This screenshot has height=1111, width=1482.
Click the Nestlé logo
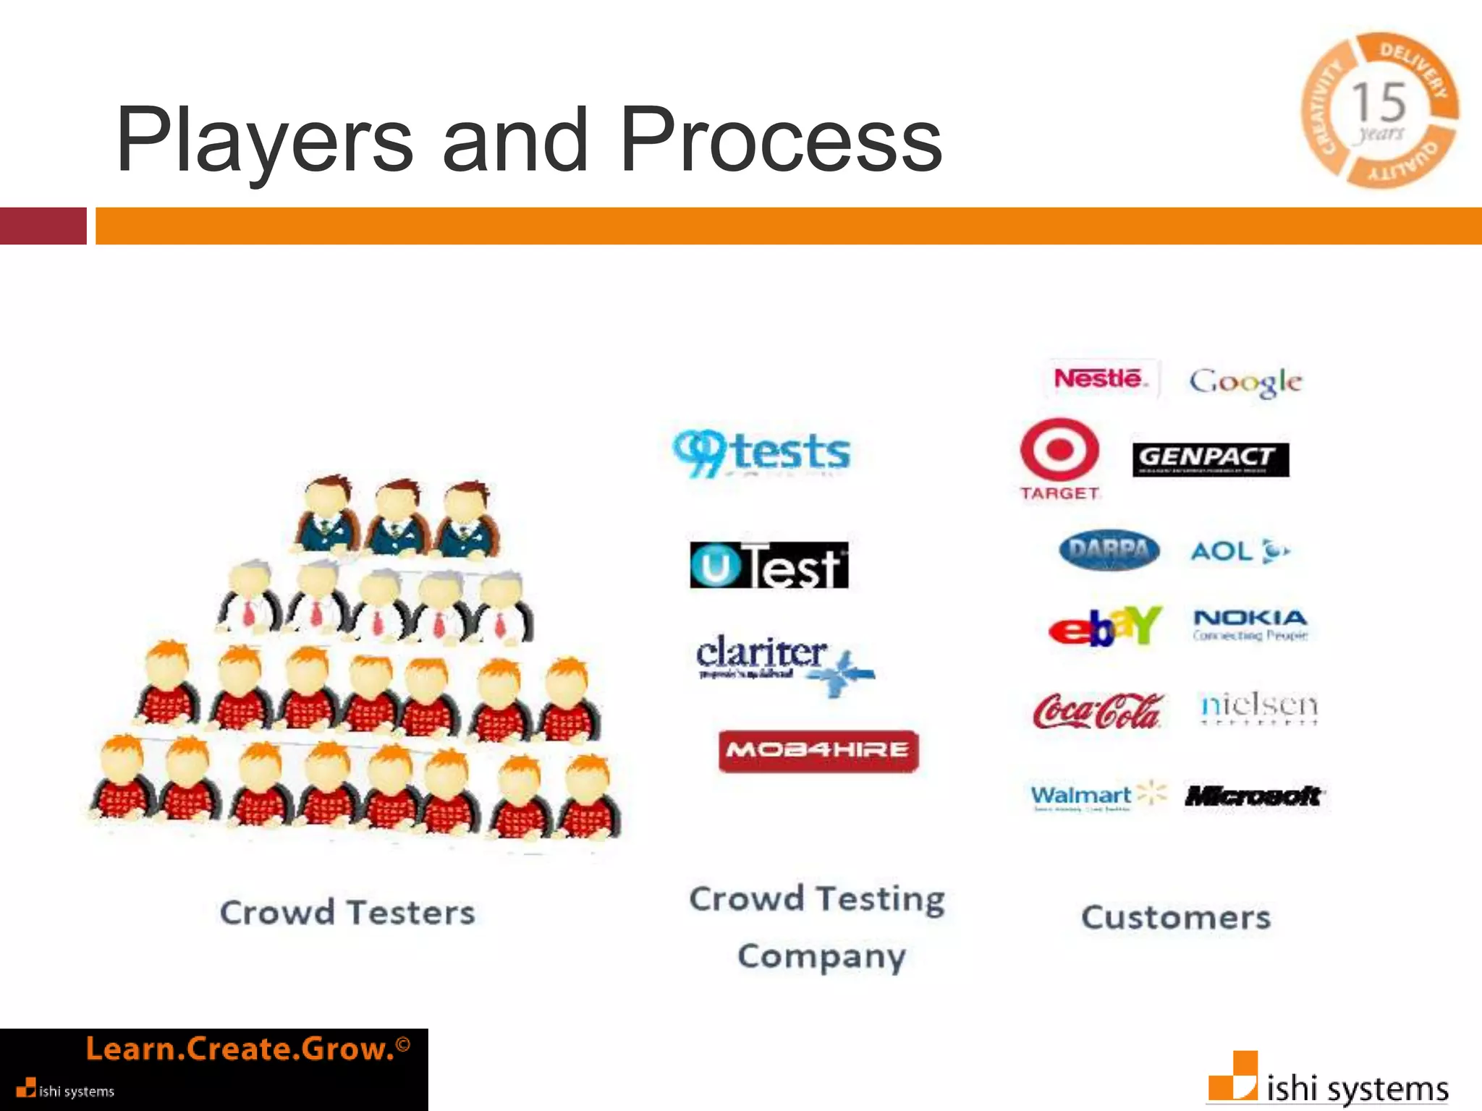pyautogui.click(x=1100, y=378)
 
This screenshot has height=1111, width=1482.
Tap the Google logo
pyautogui.click(x=1245, y=381)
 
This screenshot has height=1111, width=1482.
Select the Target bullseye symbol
pyautogui.click(x=1059, y=450)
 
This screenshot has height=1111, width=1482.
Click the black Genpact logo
pyautogui.click(x=1210, y=459)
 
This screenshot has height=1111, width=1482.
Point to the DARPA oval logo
pyautogui.click(x=1109, y=550)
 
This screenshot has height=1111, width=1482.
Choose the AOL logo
pyautogui.click(x=1239, y=551)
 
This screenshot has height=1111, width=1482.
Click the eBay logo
pyautogui.click(x=1104, y=626)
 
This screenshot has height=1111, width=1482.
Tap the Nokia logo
pyautogui.click(x=1250, y=624)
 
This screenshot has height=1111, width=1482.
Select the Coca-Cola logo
pyautogui.click(x=1098, y=711)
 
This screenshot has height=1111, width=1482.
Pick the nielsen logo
pyautogui.click(x=1258, y=707)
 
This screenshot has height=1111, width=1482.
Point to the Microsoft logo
pyautogui.click(x=1254, y=796)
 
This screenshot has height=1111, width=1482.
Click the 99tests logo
pyautogui.click(x=761, y=452)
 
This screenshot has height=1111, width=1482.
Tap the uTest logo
pyautogui.click(x=768, y=565)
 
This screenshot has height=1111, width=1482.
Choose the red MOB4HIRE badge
pyautogui.click(x=818, y=751)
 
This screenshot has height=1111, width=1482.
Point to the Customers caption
pyautogui.click(x=1175, y=917)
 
